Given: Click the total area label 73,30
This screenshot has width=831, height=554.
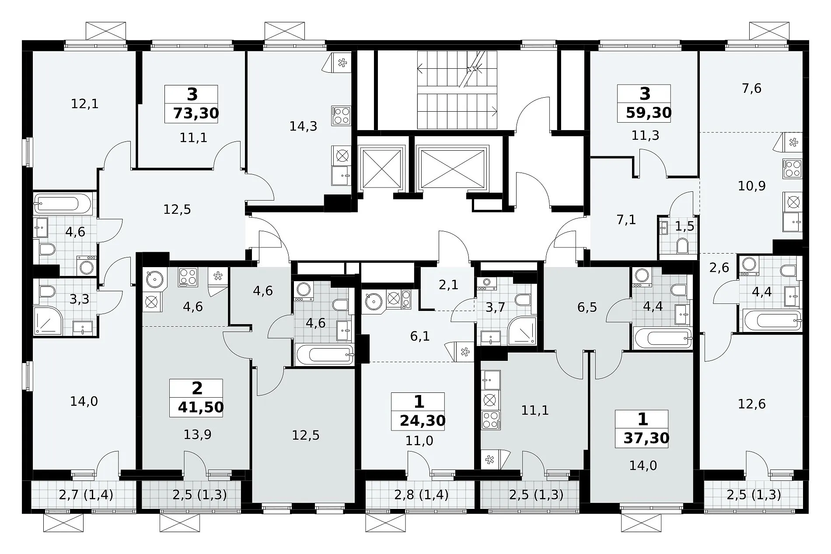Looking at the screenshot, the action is click(196, 113).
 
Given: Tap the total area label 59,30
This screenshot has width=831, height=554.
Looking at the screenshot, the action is click(649, 113).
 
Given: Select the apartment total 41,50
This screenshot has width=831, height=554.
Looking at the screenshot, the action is click(201, 407).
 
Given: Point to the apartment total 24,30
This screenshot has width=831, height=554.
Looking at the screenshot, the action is click(422, 421).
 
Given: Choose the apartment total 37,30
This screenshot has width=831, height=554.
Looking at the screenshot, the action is click(646, 438).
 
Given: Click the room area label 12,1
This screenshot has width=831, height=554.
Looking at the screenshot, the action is click(84, 104).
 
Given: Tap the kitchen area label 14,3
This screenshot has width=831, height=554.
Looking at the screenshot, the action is click(303, 126).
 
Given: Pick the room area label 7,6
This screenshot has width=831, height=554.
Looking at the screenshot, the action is click(752, 88).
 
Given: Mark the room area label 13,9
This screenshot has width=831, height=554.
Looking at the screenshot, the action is click(198, 434).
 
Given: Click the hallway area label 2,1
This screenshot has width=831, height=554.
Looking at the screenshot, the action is click(448, 285).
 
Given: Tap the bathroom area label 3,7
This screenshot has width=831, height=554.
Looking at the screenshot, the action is click(495, 307).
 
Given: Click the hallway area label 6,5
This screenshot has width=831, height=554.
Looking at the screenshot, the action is click(587, 307).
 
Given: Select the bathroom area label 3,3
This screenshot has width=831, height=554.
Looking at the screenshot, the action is click(80, 299).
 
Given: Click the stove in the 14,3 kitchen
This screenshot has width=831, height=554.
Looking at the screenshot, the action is click(341, 116).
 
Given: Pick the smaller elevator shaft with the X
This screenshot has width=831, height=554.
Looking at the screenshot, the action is click(380, 169).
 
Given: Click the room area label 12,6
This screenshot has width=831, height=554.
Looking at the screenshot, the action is click(752, 404).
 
